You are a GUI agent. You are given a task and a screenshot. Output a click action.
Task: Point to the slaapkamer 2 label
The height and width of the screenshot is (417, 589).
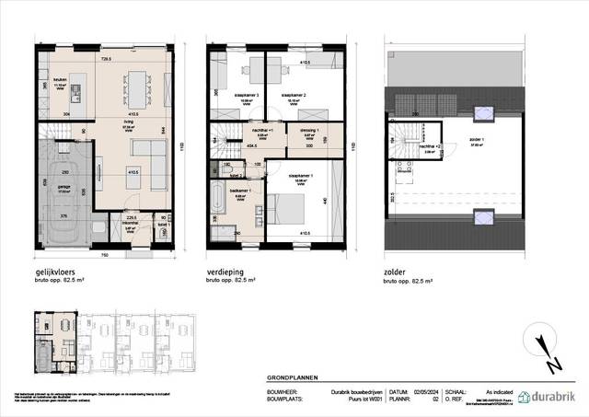tap(294, 95)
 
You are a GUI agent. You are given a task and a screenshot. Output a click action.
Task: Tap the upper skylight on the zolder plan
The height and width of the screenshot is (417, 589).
tap(479, 113)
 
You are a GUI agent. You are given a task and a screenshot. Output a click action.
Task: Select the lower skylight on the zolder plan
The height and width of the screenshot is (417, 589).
tap(479, 216)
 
